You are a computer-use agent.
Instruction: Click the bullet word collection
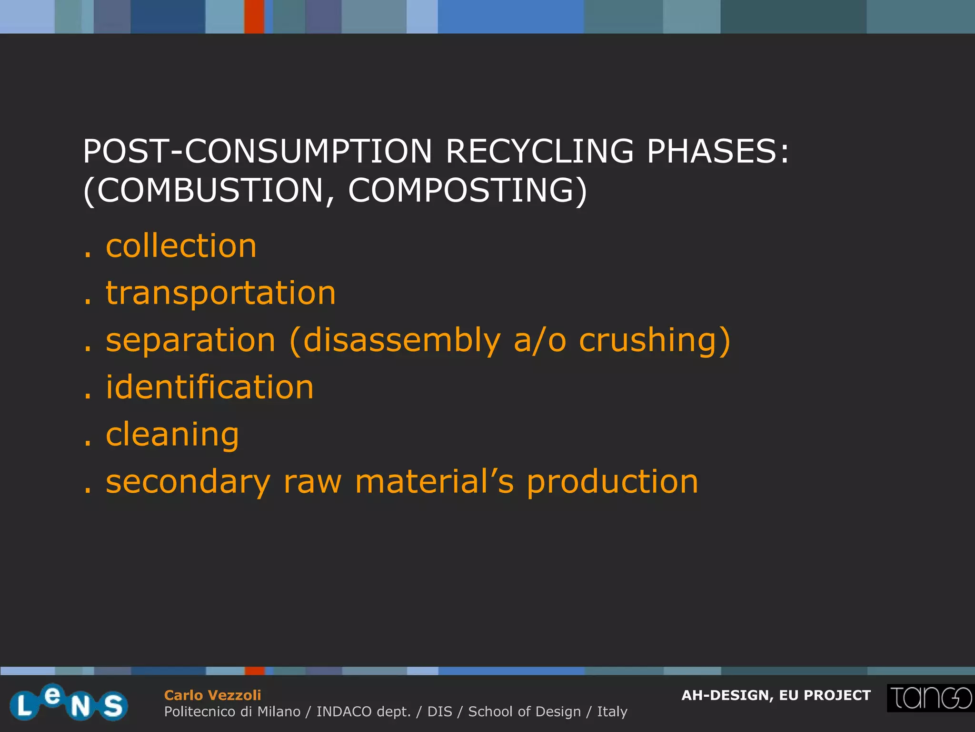click(181, 246)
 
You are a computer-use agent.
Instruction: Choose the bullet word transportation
click(221, 293)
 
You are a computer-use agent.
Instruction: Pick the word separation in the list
click(190, 340)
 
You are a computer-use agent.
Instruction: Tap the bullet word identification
click(209, 387)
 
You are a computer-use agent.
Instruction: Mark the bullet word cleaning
click(172, 435)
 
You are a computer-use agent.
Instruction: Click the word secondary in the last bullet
click(188, 482)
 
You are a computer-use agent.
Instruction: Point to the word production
click(612, 482)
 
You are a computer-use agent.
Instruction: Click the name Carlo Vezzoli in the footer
click(212, 695)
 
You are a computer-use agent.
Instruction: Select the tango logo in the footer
click(930, 698)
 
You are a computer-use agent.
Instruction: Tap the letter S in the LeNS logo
click(113, 706)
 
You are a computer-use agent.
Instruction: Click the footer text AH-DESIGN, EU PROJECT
click(776, 695)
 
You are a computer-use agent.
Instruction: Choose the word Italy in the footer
click(612, 712)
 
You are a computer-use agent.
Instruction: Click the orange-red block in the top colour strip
click(254, 16)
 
